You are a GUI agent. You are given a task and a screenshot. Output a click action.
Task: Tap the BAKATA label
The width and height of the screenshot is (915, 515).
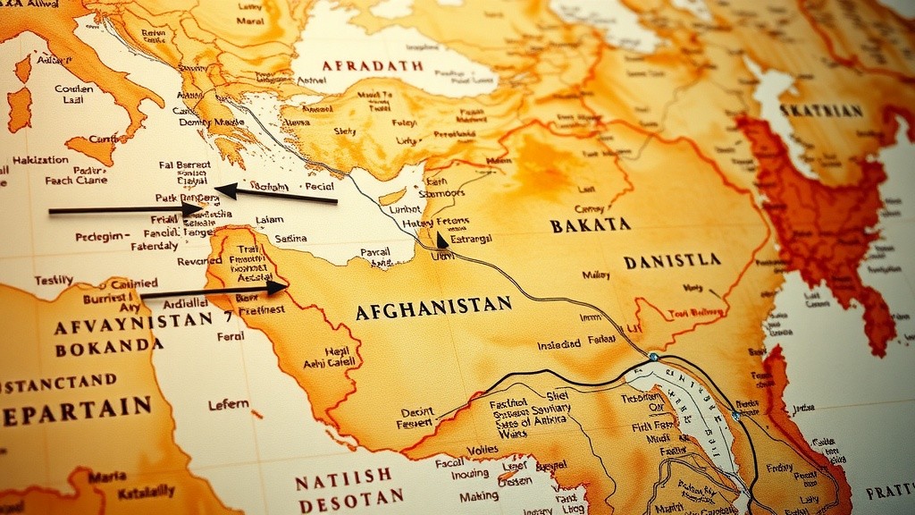590,224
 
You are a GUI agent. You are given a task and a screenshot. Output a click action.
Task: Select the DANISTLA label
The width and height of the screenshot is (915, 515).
672,260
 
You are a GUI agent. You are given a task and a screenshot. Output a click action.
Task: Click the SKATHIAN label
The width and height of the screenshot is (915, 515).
821,110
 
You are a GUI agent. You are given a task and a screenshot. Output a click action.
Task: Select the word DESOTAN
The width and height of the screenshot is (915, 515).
350,501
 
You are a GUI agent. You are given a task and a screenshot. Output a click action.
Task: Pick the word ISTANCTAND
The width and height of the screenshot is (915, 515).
59,382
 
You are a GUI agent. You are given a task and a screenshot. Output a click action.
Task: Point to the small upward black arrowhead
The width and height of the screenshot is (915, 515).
441,239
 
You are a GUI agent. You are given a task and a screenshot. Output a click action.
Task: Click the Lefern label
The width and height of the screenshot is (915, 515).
228,404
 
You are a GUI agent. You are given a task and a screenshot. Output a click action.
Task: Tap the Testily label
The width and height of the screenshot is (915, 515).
54,279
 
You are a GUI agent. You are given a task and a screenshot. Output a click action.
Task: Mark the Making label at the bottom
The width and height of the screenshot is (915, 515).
479,496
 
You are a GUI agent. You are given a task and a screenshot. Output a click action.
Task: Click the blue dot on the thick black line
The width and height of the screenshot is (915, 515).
653,357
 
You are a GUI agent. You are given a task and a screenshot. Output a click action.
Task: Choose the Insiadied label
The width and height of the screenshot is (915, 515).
558,344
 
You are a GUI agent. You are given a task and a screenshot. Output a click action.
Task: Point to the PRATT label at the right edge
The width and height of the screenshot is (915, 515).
888,492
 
